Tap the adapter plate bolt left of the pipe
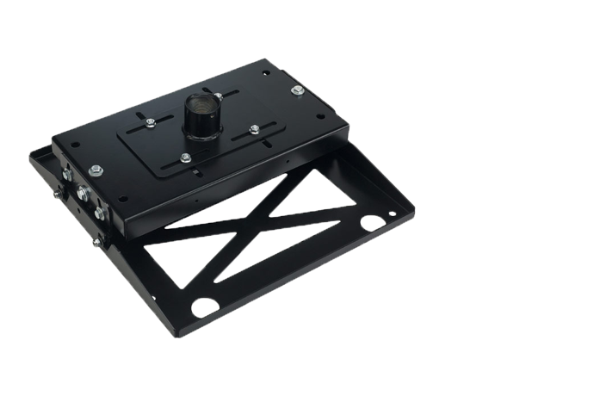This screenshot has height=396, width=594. point(151,122)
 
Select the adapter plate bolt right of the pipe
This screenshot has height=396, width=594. point(255,129)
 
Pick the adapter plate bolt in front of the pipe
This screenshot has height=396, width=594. point(186,157)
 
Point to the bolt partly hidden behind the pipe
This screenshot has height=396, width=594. point(219,96)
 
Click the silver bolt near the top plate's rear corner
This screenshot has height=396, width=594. point(297,90)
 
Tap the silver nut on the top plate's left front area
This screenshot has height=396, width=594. point(96,170)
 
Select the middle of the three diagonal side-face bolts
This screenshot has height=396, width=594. point(84,194)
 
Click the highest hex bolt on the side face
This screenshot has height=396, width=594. point(67,175)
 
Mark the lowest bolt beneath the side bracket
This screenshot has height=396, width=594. point(96,242)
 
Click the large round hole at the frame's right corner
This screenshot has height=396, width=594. point(373,222)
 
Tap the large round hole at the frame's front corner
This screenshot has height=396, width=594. point(205,306)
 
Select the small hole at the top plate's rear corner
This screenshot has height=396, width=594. point(265,72)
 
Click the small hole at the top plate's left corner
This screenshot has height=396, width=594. point(74,145)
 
